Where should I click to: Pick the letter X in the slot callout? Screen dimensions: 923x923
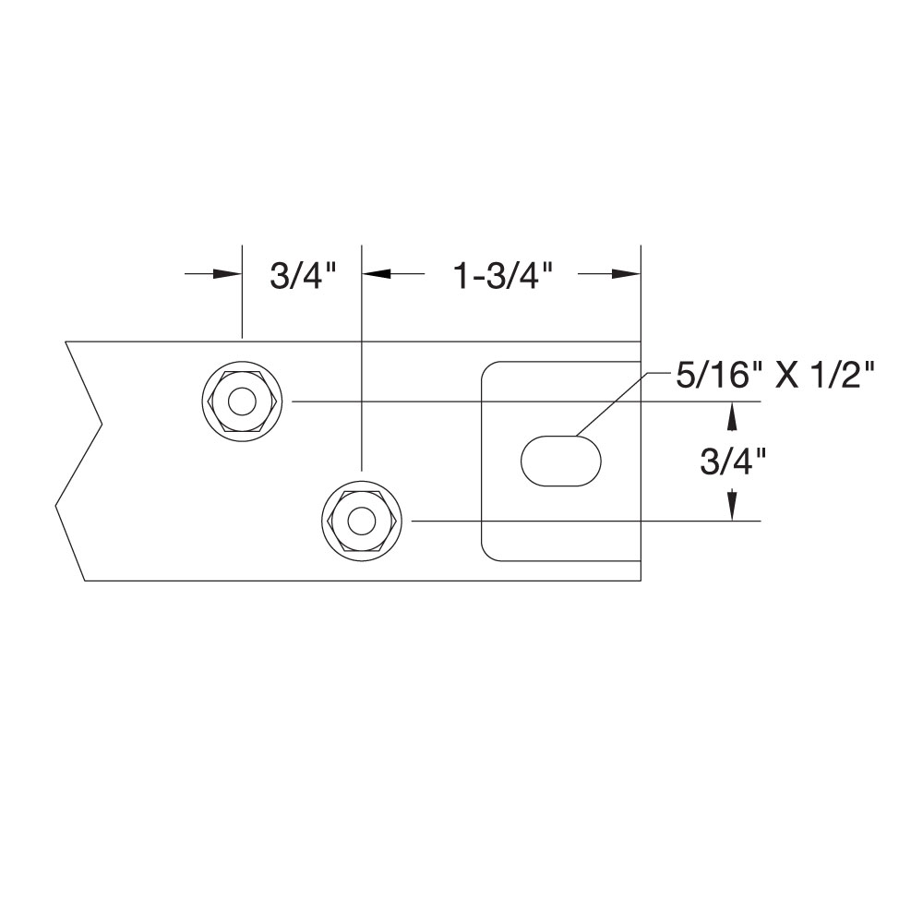tap(785, 377)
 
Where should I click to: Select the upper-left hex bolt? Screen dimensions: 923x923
tap(243, 402)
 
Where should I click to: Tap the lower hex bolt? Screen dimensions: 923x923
tap(361, 521)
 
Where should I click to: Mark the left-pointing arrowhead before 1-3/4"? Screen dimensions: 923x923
tap(377, 274)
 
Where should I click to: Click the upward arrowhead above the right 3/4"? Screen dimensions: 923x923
tap(732, 417)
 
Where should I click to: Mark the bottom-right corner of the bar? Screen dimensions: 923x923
tap(640, 581)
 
